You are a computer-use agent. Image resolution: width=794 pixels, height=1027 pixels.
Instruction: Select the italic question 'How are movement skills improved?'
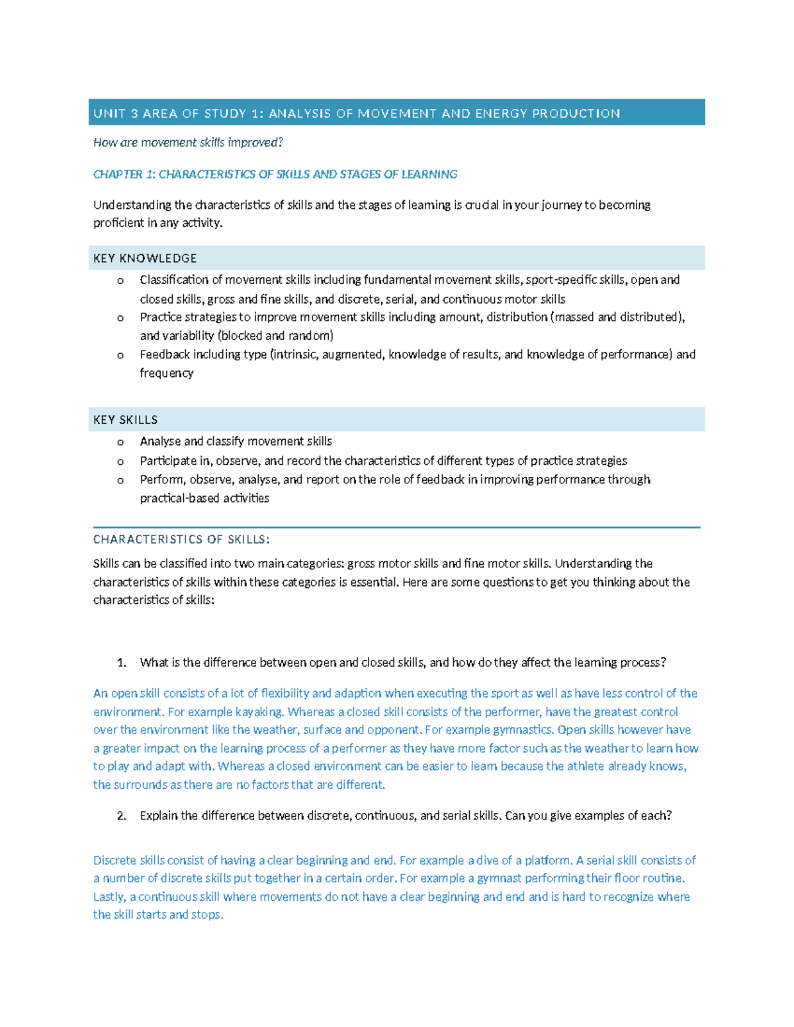[188, 142]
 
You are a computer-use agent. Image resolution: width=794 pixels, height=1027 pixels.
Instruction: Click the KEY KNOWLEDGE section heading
[145, 258]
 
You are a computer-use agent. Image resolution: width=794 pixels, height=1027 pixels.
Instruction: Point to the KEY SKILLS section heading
[125, 420]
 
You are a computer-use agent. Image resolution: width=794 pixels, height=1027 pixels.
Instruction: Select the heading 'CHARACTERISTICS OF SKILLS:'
[181, 539]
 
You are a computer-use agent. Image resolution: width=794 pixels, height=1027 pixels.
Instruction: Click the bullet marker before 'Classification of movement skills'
[120, 280]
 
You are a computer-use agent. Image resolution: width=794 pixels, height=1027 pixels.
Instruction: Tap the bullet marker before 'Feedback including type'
[120, 355]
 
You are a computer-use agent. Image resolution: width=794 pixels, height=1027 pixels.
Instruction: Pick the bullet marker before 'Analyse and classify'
[120, 442]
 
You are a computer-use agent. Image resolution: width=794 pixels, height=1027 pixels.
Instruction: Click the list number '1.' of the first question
[121, 663]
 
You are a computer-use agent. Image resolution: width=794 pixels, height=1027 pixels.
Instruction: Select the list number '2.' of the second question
[121, 815]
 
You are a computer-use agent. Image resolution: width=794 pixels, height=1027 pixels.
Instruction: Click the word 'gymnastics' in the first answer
[522, 729]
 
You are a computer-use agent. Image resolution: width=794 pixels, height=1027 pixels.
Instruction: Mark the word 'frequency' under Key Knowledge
[167, 373]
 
